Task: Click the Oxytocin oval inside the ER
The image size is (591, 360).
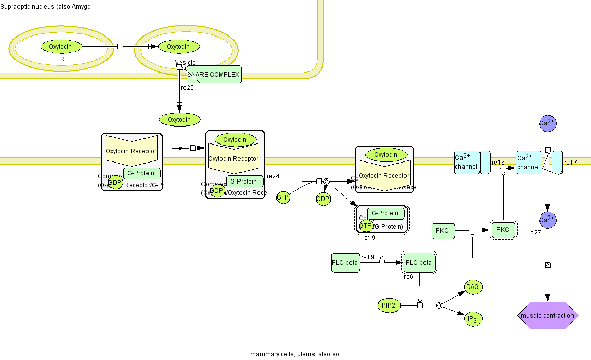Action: pos(61,47)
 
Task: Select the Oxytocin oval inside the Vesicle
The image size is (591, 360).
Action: pos(179,47)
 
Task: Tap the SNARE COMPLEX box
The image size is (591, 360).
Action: pos(214,75)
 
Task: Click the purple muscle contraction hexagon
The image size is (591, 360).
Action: pos(547,315)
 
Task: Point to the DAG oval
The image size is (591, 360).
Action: pos(473,287)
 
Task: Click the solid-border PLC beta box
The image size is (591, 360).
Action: pos(345,263)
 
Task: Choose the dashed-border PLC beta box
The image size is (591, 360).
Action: pos(419,263)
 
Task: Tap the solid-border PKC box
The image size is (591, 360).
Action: pos(442,231)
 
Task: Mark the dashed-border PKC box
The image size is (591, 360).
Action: pos(503,230)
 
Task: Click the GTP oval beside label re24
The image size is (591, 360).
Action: pos(283,197)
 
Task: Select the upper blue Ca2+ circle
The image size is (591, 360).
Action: pos(547,123)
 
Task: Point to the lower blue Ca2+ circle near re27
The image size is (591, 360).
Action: pos(547,220)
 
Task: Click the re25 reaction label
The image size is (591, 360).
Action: pos(187,88)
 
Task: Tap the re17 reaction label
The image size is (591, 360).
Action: pos(570,163)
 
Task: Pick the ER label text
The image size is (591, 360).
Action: pos(60,60)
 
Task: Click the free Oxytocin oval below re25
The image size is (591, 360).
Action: pos(179,120)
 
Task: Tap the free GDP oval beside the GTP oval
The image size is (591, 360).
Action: pos(323,199)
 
